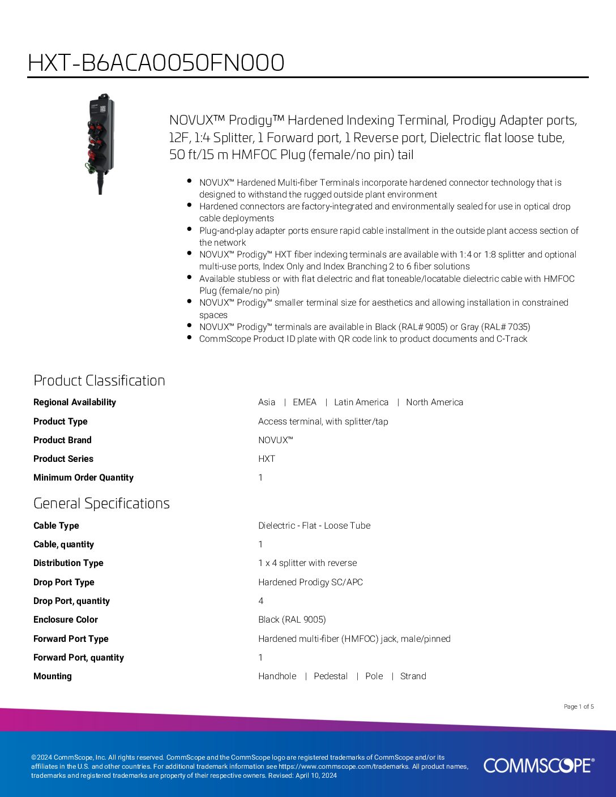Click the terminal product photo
pos(101,143)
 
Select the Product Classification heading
pos(99,380)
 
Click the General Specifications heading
pos(101,503)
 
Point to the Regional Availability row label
pos(75,402)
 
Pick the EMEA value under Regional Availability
pos(305,402)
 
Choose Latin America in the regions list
pos(361,402)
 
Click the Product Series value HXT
pos(267,459)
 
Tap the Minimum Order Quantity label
pos(83,478)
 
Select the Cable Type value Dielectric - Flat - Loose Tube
pos(314,526)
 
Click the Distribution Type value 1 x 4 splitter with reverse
pos(307,563)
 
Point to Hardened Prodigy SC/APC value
pos(310,582)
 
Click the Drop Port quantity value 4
pos(261,601)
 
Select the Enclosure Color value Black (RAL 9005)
pos(292,620)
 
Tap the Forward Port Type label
pos(71,639)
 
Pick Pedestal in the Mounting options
pos(331,676)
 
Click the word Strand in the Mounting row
pos(413,676)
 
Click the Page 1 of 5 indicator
pos(579,706)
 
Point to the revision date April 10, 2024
pos(316,775)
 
